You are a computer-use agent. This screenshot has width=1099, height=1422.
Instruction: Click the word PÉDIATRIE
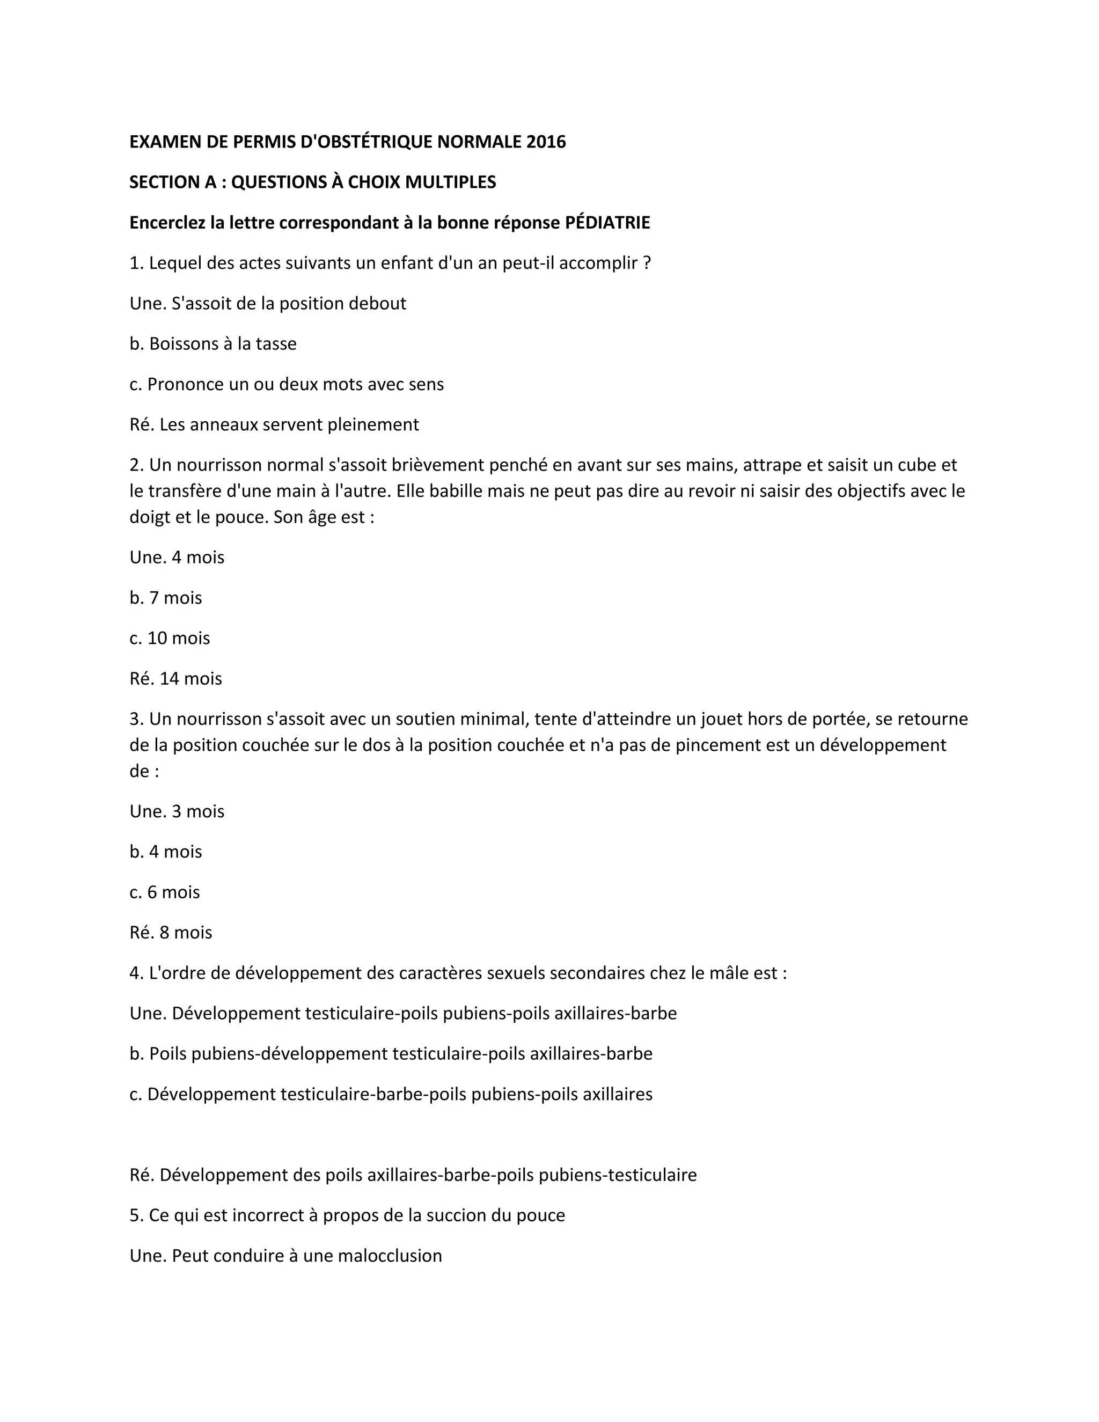point(607,223)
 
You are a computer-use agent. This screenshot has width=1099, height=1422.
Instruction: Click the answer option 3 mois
point(198,811)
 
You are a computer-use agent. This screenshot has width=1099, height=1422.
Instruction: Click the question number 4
point(135,973)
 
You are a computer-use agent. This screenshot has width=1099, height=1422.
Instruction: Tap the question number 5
point(135,1215)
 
